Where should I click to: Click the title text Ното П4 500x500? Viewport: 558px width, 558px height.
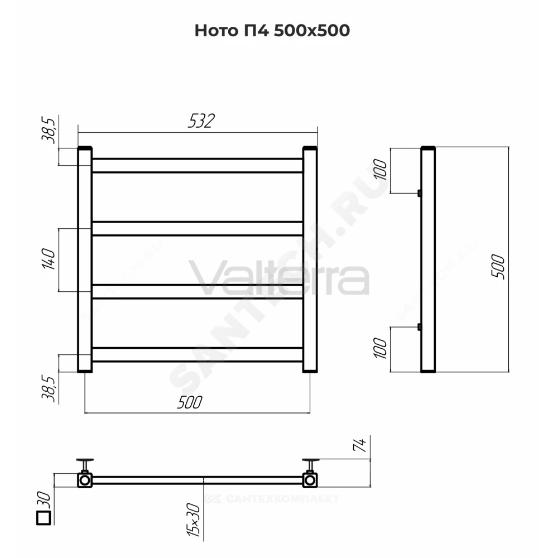tap(272, 31)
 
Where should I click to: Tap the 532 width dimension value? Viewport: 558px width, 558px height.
tap(201, 121)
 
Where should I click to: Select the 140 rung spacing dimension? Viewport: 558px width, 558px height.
tap(49, 259)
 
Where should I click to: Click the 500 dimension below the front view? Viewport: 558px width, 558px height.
tap(190, 402)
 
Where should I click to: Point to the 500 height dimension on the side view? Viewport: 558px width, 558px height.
tap(498, 267)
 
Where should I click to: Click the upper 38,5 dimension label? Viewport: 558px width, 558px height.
tap(49, 130)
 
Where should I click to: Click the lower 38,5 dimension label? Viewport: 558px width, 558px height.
tap(49, 388)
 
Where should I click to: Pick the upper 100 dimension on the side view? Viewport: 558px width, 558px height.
tap(379, 170)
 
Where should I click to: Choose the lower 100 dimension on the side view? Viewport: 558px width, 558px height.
tap(379, 348)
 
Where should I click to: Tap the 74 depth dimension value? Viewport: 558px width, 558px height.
tap(359, 445)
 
